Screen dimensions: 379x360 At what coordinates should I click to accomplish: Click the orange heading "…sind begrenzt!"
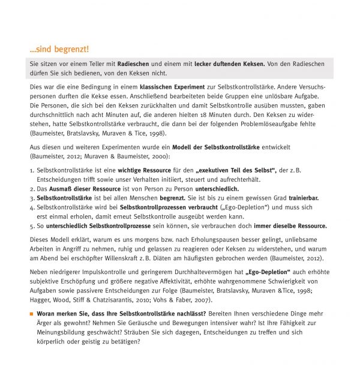coord(59,49)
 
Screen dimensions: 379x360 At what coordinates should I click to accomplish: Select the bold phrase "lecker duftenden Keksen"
coord(226,64)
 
